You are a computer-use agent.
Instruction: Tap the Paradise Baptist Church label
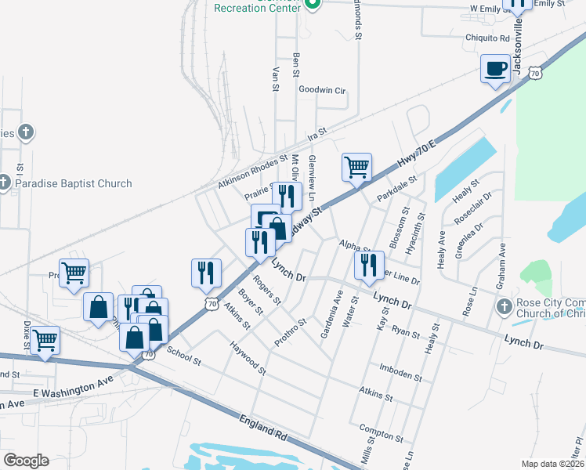point(75,184)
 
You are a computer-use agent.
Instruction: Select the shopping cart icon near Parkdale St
point(356,167)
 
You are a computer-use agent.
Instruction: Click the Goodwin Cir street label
point(322,90)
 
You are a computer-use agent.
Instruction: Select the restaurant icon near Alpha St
point(367,266)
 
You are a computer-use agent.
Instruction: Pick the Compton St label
point(381,432)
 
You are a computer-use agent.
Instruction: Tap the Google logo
point(26,461)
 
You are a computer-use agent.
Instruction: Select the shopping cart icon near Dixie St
point(45,341)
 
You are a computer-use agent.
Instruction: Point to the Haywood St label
point(247,356)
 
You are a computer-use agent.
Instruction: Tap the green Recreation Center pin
point(313,5)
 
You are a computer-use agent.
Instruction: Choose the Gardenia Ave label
point(332,313)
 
